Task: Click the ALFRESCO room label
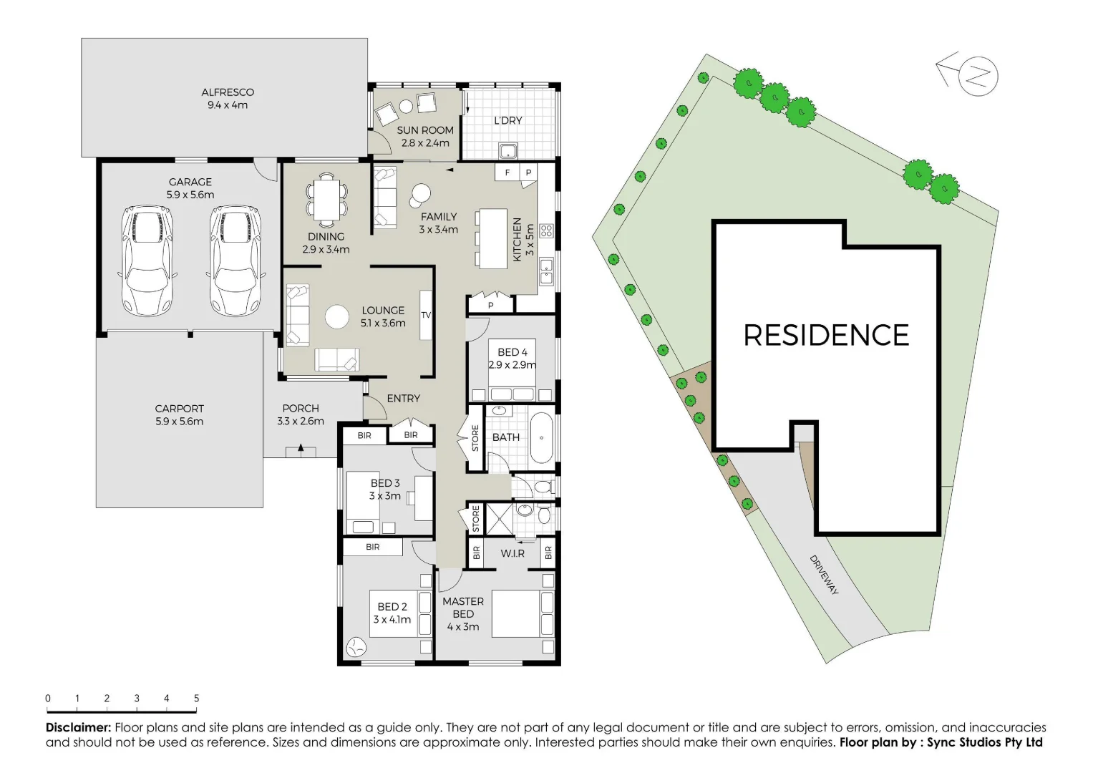click(227, 92)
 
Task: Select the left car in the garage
click(147, 261)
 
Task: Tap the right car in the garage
click(235, 261)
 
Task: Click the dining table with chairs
click(326, 198)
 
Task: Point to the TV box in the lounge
click(426, 315)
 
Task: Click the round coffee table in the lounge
click(337, 317)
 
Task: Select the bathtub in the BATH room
click(542, 437)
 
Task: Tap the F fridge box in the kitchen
click(507, 172)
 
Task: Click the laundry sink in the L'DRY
click(509, 150)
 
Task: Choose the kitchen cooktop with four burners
click(547, 230)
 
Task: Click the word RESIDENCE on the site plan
click(826, 336)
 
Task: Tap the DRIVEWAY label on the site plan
click(824, 575)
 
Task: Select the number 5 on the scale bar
click(196, 699)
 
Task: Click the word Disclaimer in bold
click(78, 728)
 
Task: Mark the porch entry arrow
click(301, 449)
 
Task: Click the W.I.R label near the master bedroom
click(513, 553)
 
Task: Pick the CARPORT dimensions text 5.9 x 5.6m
click(179, 422)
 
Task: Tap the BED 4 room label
click(513, 352)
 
